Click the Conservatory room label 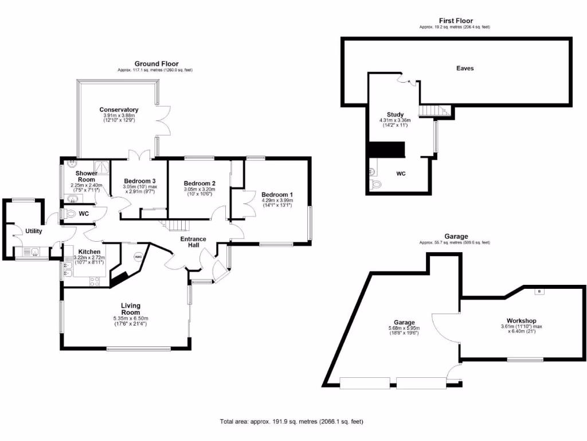[x=119, y=110]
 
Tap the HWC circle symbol [x=138, y=257]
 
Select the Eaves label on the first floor [x=465, y=68]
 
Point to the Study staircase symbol [x=431, y=110]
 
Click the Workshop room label [x=521, y=320]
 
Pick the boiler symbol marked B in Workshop [x=539, y=292]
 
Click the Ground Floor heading [x=156, y=64]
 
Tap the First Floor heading [x=456, y=21]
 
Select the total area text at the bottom [x=291, y=421]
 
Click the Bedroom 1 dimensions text [x=277, y=203]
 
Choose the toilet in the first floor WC [x=375, y=183]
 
